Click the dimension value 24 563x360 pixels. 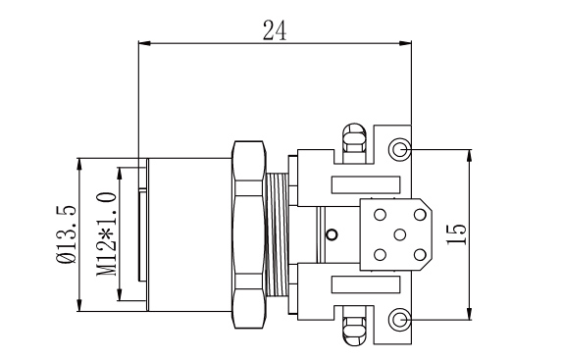point(275,30)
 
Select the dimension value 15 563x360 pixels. point(456,234)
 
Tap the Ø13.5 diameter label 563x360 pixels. point(67,234)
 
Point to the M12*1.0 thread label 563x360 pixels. point(107,234)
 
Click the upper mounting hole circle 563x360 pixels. point(399,149)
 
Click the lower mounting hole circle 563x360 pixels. point(399,319)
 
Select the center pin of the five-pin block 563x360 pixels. point(399,234)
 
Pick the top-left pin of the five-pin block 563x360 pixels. point(380,215)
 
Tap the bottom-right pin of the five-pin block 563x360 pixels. point(420,255)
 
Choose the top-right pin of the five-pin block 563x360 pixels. point(420,215)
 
